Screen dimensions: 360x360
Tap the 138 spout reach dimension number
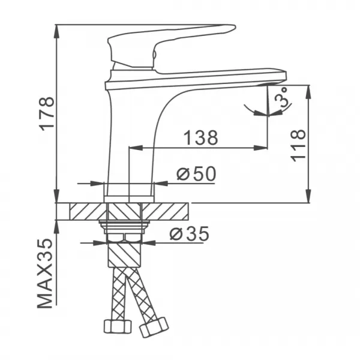[x=200, y=137]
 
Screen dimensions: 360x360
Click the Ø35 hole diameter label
[x=188, y=234]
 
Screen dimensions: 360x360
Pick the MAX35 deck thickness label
[x=46, y=272]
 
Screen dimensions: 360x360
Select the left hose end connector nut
[x=117, y=326]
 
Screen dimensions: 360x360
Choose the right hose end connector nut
[x=153, y=328]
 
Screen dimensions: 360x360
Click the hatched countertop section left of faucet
[x=88, y=211]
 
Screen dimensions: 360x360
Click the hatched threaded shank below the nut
[x=125, y=252]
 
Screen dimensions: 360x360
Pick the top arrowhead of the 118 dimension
[x=308, y=89]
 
